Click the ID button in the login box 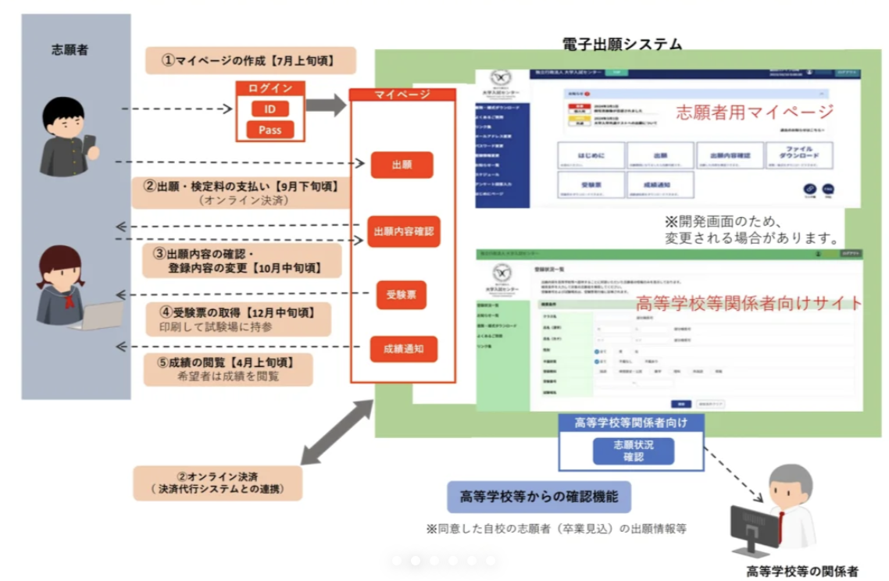(270, 109)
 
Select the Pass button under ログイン (270, 130)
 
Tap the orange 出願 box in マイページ (402, 165)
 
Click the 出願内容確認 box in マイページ (403, 231)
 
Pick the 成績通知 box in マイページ (403, 349)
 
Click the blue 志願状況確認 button (633, 451)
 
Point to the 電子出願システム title (622, 45)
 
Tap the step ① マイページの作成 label (250, 60)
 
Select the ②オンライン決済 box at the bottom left (218, 483)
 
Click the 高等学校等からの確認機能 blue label (538, 496)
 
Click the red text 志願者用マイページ (754, 111)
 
